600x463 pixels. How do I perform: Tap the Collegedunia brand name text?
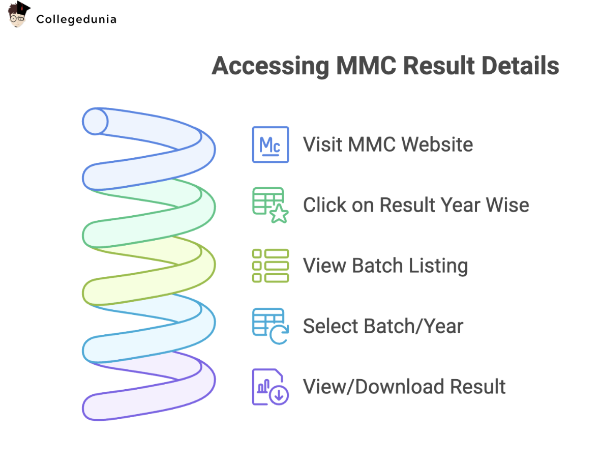pyautogui.click(x=76, y=19)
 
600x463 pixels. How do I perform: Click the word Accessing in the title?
pyautogui.click(x=271, y=66)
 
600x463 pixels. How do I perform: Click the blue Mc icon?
pyautogui.click(x=270, y=145)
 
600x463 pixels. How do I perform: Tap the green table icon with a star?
pyautogui.click(x=270, y=205)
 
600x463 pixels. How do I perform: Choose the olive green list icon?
pyautogui.click(x=270, y=266)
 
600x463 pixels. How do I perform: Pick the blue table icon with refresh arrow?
pyautogui.click(x=270, y=326)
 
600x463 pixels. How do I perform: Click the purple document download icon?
pyautogui.click(x=270, y=387)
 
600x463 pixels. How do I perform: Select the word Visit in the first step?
pyautogui.click(x=322, y=145)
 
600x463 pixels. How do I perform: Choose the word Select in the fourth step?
pyautogui.click(x=331, y=326)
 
